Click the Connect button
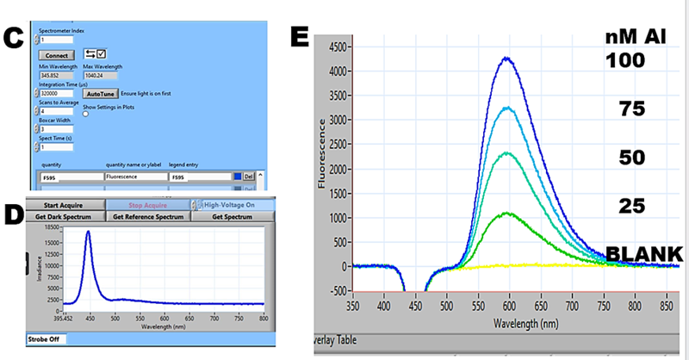click(56, 56)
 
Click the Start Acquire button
click(64, 205)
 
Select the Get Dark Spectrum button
click(64, 217)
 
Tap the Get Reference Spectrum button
click(147, 217)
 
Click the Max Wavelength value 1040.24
click(96, 75)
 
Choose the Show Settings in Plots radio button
click(86, 113)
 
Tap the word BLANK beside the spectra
click(645, 253)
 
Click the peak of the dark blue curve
click(508, 59)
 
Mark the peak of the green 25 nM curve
click(508, 213)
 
